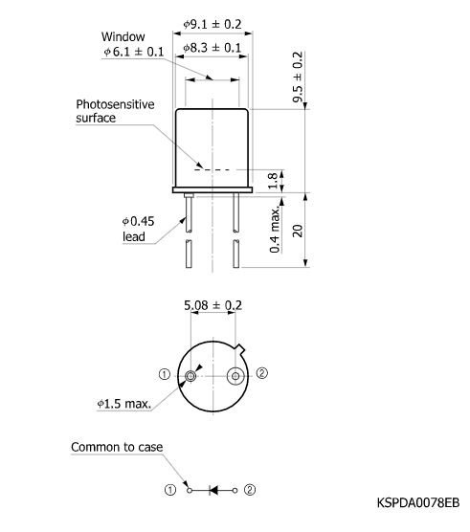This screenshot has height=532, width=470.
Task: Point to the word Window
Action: (x=123, y=37)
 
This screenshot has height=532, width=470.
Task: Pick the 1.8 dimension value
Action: (x=273, y=180)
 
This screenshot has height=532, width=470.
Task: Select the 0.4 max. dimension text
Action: (x=275, y=230)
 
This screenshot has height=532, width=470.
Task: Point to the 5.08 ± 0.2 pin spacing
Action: (x=213, y=306)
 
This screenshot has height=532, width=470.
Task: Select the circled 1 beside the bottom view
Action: (x=165, y=374)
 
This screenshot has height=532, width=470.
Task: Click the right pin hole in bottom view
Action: (x=235, y=377)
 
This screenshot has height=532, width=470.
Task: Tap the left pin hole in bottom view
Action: (x=191, y=377)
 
